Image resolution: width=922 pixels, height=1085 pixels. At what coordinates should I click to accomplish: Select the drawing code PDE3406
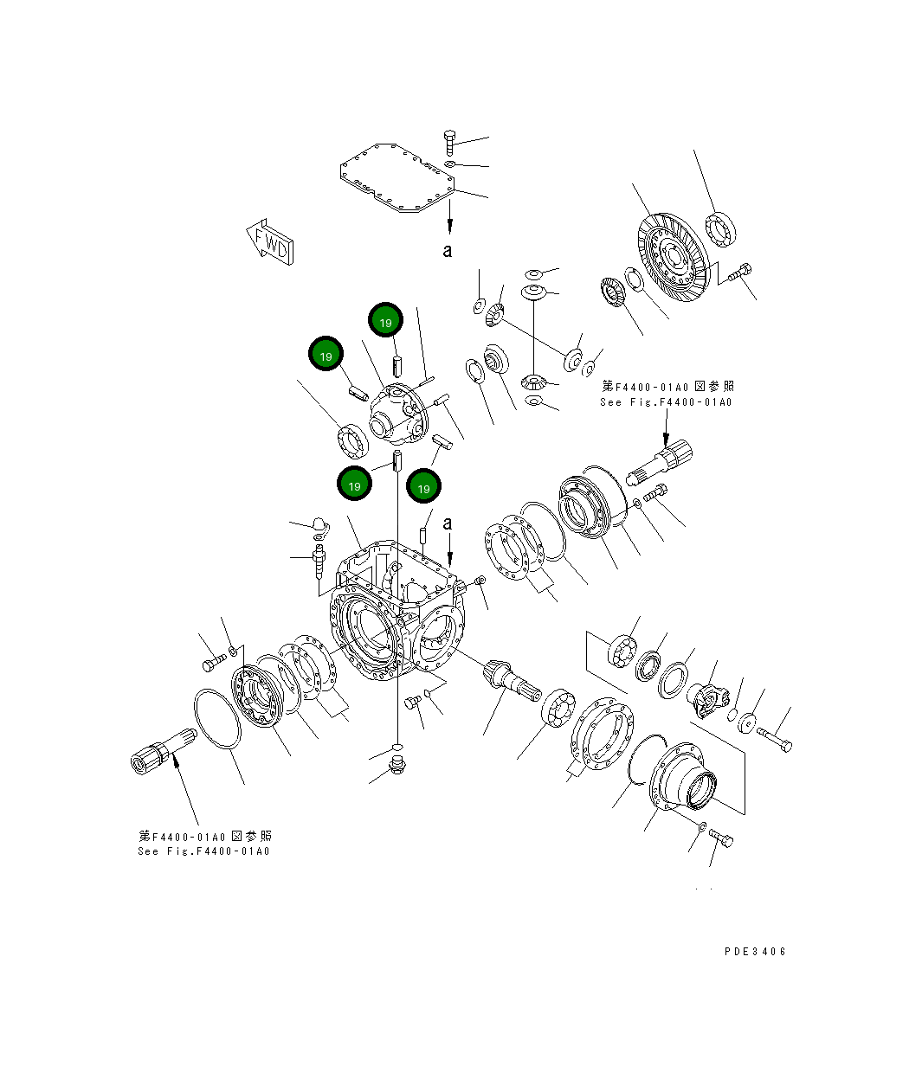point(755,951)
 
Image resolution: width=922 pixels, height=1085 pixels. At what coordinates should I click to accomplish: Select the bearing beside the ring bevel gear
point(719,228)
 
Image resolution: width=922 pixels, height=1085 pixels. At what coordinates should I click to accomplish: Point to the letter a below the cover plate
point(448,251)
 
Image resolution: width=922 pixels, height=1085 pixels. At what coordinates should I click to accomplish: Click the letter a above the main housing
point(448,523)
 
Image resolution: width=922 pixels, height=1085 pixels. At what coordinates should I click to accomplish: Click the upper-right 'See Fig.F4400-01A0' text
point(666,402)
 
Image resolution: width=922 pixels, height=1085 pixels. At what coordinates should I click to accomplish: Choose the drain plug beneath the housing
point(398,765)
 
